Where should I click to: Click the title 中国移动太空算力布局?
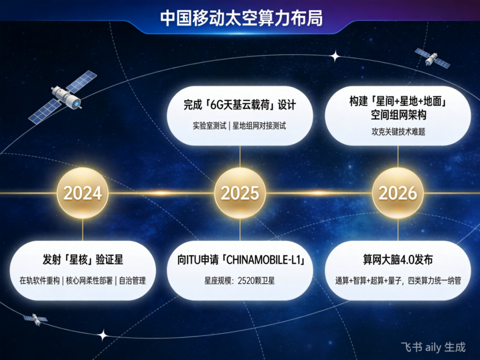(x=241, y=19)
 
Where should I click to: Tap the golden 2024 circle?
(x=83, y=193)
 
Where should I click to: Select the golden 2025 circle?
(x=240, y=193)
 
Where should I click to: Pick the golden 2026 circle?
(x=397, y=193)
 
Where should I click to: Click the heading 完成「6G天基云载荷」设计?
(x=240, y=105)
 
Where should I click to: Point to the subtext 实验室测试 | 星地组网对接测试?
(x=240, y=126)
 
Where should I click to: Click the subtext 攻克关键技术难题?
(x=398, y=132)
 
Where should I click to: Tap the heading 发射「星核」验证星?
(x=83, y=260)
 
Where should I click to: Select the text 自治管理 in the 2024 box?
(x=132, y=281)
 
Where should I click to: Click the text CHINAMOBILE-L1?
(x=264, y=260)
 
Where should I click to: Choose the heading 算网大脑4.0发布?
(x=397, y=260)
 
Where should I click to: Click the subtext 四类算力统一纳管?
(x=434, y=281)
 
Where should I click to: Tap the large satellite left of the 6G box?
(x=63, y=97)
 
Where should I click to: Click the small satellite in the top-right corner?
(x=432, y=58)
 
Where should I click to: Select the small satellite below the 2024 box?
(x=36, y=319)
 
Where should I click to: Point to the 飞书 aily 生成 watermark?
(x=433, y=347)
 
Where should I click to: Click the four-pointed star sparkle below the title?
(x=336, y=56)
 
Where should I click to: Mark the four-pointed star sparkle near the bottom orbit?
(x=104, y=336)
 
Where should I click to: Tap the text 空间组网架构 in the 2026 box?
(x=398, y=115)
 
